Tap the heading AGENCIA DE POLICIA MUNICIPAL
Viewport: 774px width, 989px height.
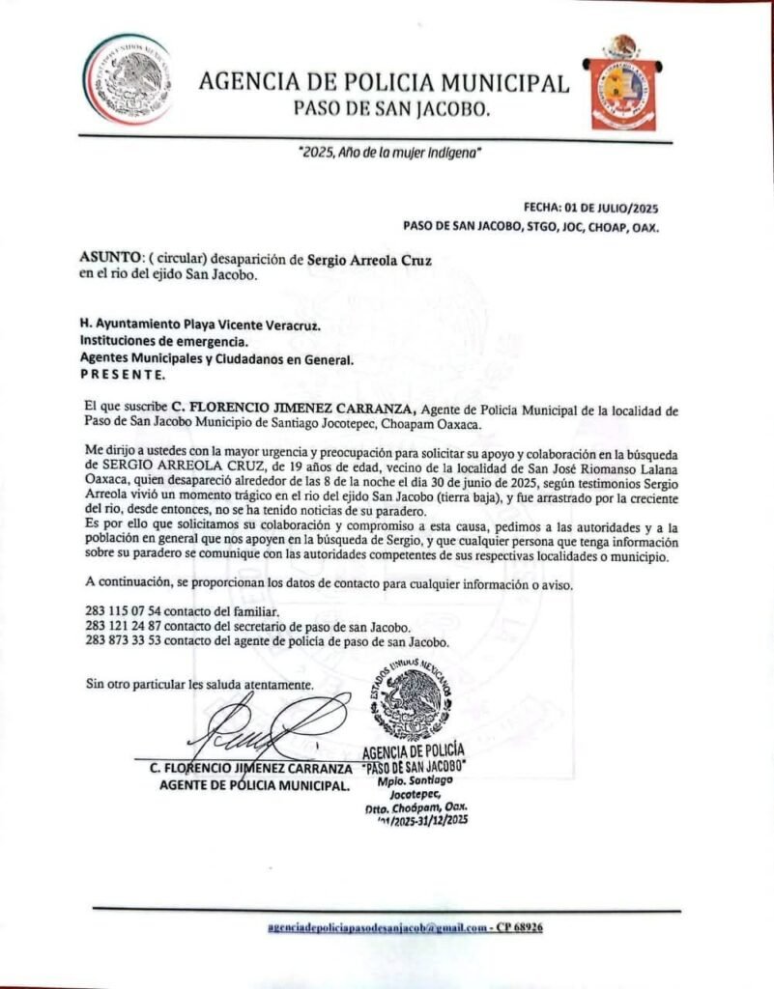[x=384, y=83]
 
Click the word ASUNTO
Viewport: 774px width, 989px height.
[x=109, y=260]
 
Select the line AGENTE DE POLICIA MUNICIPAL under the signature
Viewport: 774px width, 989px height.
[x=254, y=785]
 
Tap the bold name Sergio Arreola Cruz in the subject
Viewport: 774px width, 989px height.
[x=370, y=260]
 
